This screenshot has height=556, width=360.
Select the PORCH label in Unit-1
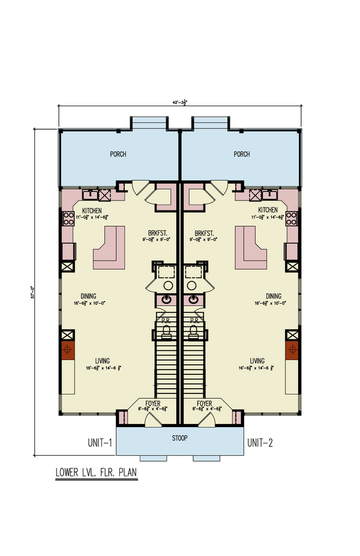(x=118, y=154)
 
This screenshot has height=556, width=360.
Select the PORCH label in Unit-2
(x=242, y=154)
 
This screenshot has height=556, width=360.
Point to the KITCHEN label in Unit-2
(x=268, y=210)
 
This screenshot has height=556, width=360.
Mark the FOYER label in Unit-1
(x=155, y=404)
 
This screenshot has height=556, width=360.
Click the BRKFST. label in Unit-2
(x=205, y=233)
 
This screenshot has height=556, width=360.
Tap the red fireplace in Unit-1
(x=67, y=350)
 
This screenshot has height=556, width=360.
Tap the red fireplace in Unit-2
(x=293, y=350)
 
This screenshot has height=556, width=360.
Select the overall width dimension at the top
(x=180, y=103)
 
